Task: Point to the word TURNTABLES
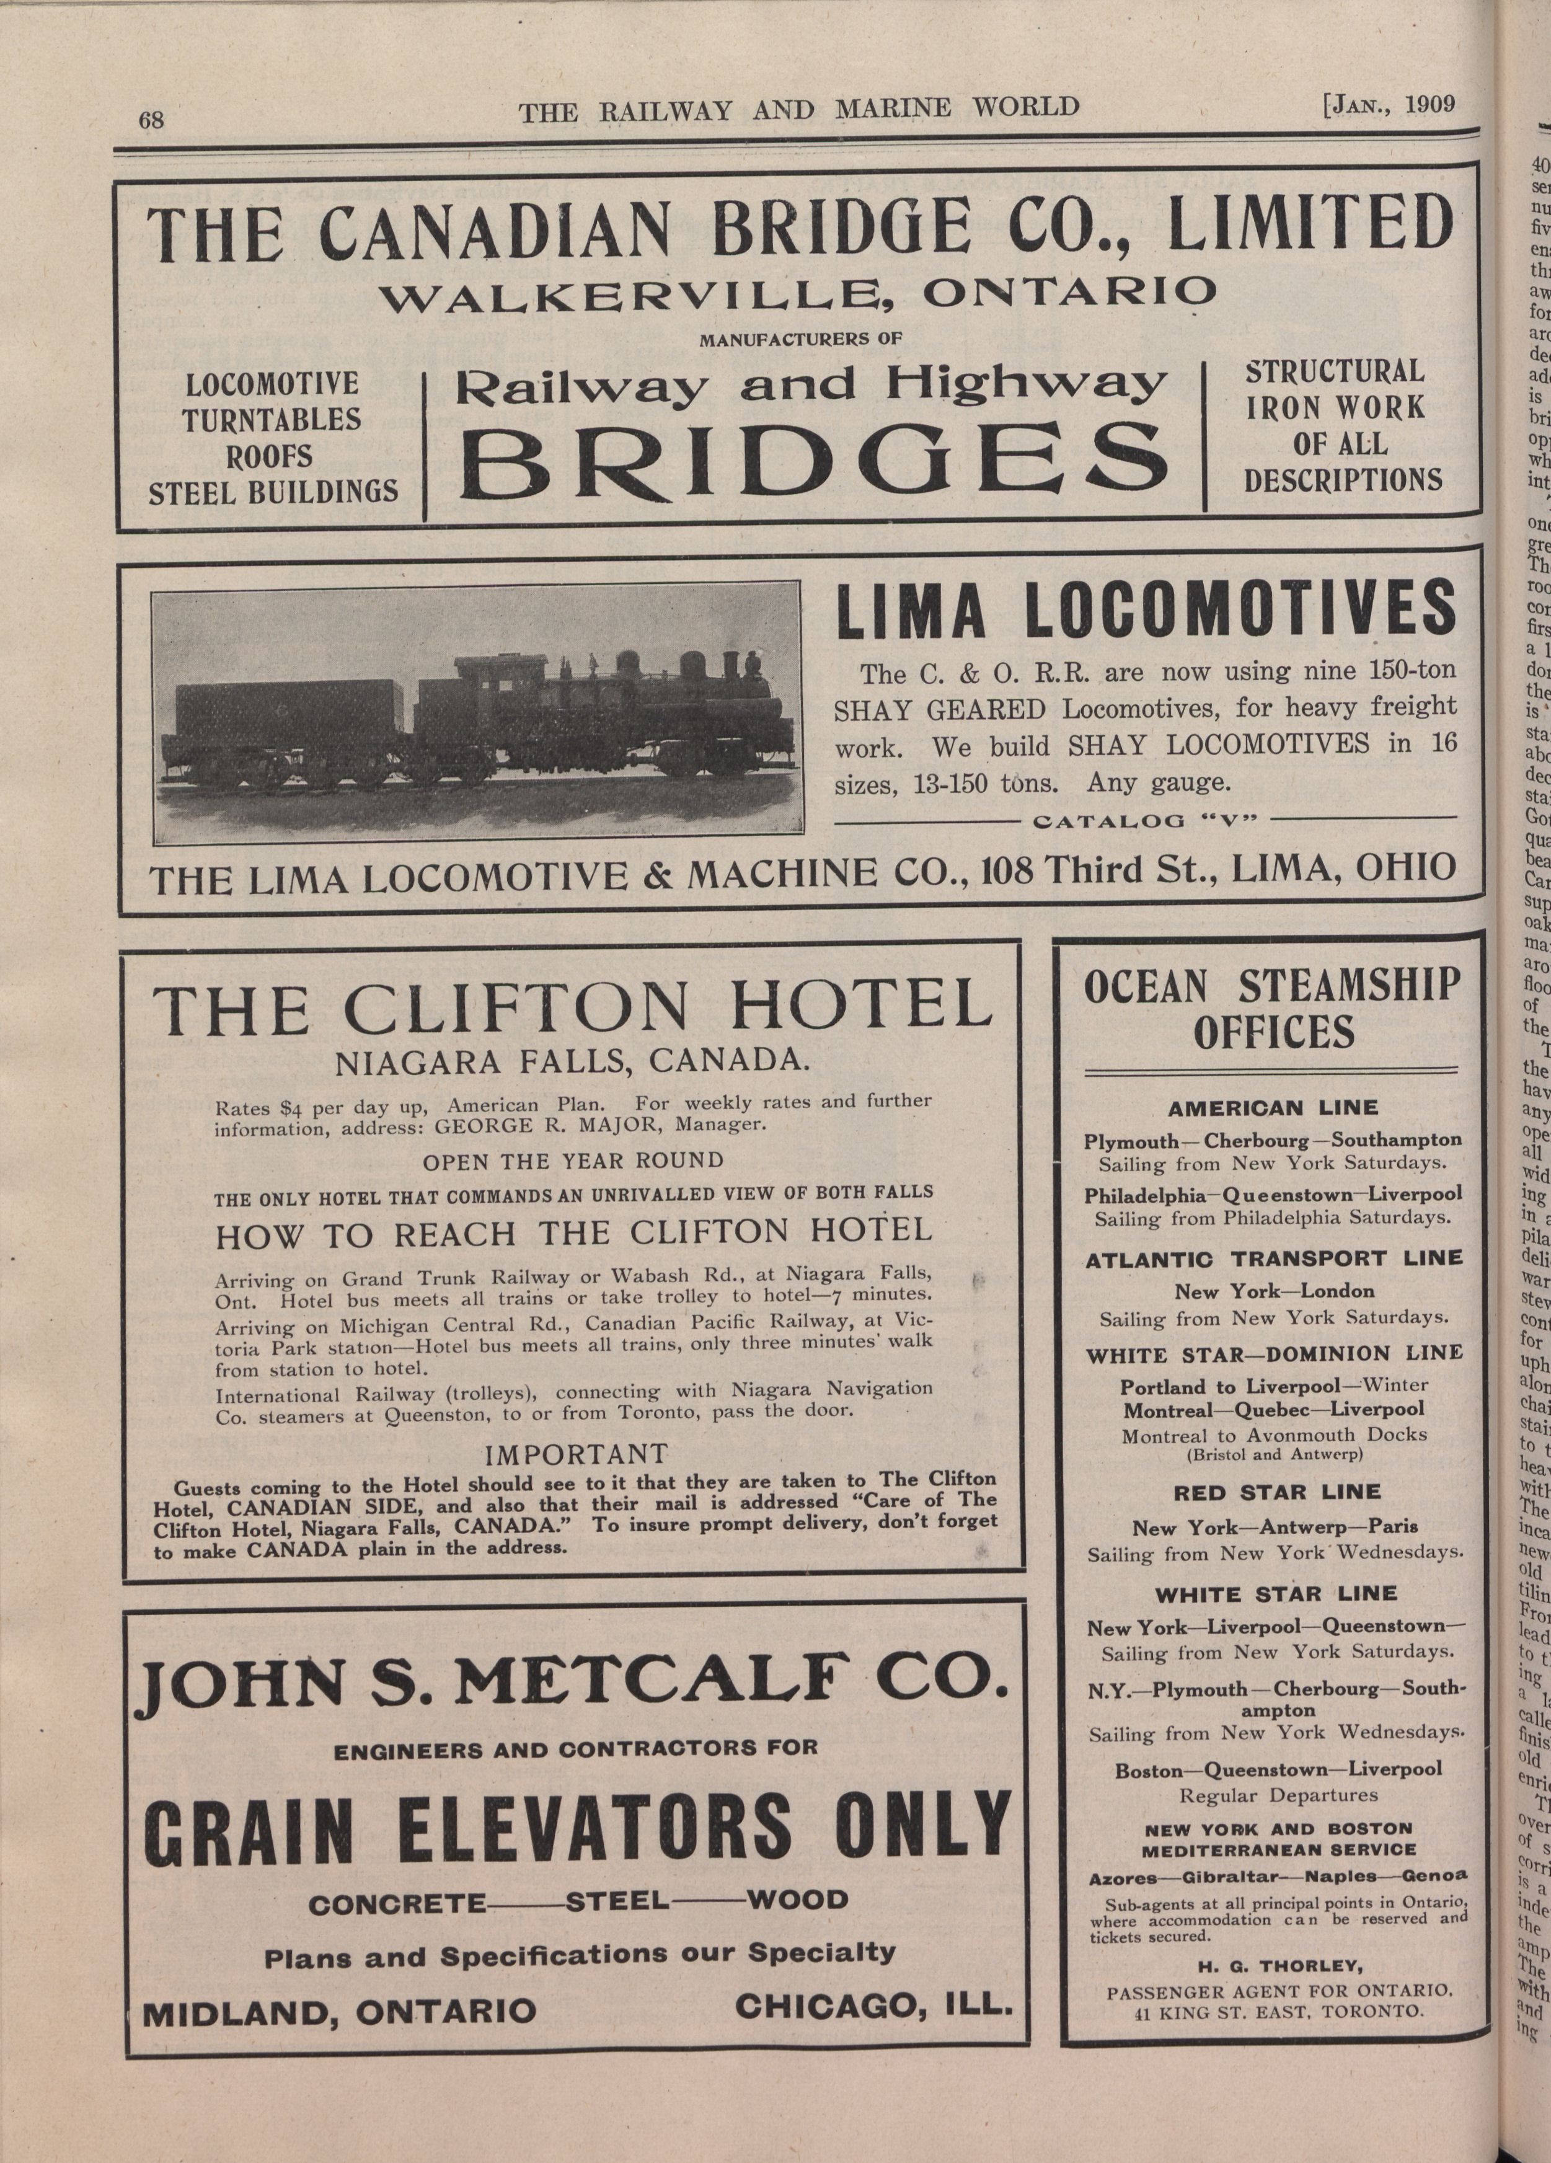click(x=272, y=420)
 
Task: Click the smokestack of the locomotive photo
click(x=731, y=664)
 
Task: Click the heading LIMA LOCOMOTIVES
click(x=1146, y=613)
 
